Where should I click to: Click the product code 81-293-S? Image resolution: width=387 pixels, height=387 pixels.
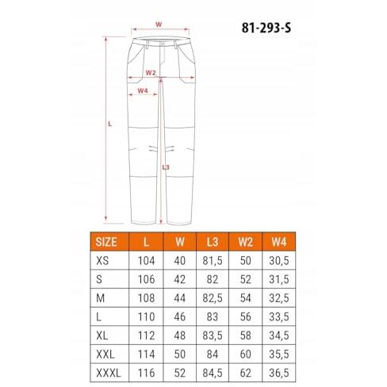click(266, 28)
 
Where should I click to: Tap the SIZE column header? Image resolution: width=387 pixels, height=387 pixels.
click(106, 242)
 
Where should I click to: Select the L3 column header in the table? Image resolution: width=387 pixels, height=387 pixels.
click(213, 242)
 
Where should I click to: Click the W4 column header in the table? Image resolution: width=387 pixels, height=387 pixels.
click(279, 242)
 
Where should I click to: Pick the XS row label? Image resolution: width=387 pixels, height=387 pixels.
click(102, 261)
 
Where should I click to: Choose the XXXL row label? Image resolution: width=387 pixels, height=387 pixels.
click(109, 373)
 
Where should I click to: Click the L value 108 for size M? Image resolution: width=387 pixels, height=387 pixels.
click(146, 298)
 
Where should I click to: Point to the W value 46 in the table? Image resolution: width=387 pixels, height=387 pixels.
click(180, 317)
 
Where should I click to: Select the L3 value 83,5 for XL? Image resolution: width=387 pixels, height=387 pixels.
click(213, 335)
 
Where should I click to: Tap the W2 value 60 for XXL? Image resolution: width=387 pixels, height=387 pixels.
click(246, 354)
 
